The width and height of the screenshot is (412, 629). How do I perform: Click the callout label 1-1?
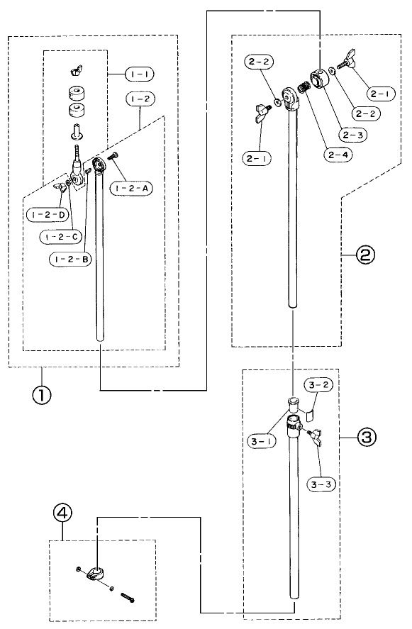(140, 74)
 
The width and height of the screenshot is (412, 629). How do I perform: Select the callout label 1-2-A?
(132, 188)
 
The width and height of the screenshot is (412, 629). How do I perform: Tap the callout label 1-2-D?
(48, 215)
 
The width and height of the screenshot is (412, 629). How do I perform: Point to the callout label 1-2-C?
(61, 237)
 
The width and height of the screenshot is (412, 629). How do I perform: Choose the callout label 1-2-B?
(71, 259)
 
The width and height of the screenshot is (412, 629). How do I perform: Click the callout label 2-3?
(352, 135)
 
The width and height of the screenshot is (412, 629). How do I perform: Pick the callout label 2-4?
(338, 155)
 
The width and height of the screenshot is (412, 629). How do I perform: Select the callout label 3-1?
(261, 442)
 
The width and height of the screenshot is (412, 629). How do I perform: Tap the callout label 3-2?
(318, 385)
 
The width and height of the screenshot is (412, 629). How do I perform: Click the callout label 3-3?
(321, 484)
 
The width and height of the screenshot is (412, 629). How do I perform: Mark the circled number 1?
(42, 395)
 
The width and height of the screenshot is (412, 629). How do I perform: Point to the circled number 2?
(365, 255)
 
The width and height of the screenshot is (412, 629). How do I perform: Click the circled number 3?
(367, 437)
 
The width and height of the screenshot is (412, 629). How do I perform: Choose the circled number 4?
(62, 512)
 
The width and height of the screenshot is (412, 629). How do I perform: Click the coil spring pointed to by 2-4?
(303, 87)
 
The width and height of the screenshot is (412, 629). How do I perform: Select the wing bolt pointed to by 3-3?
(315, 435)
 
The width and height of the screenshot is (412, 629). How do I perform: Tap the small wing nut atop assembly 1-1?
(75, 72)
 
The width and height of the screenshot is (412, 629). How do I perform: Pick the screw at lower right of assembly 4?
(127, 598)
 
